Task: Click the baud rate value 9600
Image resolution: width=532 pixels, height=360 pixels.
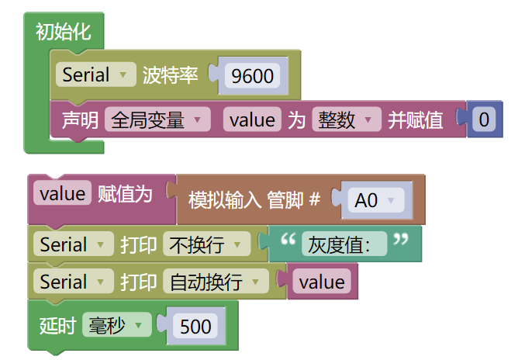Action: coord(253,75)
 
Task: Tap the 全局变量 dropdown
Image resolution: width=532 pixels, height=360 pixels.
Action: coord(157,119)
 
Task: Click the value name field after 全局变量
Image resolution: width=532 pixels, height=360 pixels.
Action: coord(252,119)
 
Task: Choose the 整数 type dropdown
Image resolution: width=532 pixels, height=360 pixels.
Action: coord(347,119)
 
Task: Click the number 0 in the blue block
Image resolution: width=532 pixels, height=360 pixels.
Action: coord(484,119)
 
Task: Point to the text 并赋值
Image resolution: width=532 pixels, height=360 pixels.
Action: coord(415,119)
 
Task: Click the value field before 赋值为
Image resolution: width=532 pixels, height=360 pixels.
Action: coord(62,194)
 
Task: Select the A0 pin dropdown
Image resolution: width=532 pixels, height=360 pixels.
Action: coord(375,200)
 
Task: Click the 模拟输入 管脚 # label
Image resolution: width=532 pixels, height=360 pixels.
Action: coord(254,200)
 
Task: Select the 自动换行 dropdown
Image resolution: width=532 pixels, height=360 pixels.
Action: coord(216,282)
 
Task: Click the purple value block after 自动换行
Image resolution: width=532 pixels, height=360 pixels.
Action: coord(321,282)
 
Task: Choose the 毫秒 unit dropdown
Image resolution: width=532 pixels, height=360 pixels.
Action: coord(116,326)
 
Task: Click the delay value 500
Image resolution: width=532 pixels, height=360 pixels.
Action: coord(195,327)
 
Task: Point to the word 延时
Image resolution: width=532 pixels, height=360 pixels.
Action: coord(56,326)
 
